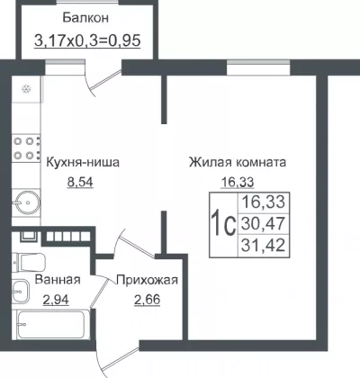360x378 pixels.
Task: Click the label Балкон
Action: (85, 18)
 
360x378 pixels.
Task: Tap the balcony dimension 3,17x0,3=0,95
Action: (87, 40)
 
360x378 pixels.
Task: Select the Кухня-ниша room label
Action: (83, 162)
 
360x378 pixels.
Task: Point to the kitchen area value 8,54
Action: (80, 182)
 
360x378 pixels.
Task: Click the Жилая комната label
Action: (238, 162)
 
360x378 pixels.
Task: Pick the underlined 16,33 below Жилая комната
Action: (238, 182)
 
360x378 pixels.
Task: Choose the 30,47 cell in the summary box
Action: (263, 223)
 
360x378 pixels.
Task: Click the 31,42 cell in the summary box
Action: (263, 245)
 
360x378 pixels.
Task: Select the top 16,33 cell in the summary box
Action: (263, 202)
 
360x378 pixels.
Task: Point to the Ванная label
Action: (58, 280)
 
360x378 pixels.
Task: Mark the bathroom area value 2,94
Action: (56, 300)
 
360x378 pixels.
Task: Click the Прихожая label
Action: (147, 280)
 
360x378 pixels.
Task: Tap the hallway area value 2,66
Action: (147, 300)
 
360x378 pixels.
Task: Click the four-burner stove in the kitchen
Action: (26, 148)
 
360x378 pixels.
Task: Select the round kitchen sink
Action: (27, 202)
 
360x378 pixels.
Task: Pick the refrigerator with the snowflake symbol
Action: (27, 89)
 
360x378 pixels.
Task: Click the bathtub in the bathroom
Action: (51, 324)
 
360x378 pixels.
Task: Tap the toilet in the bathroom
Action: (29, 262)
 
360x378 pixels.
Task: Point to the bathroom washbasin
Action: (20, 291)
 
